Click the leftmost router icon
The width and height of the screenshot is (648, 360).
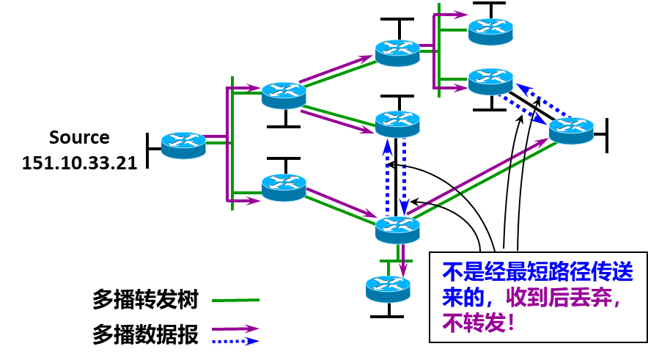click(183, 145)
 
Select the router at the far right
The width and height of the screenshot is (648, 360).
click(571, 131)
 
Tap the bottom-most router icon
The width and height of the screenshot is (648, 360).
click(388, 289)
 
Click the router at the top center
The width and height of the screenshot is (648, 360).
click(397, 53)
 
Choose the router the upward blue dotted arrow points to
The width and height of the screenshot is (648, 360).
click(397, 124)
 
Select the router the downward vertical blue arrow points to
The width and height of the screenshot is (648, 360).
click(397, 229)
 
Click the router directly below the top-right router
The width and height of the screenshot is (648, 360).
click(490, 81)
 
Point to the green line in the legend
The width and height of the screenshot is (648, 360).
click(235, 300)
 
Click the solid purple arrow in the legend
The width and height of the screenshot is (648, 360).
click(235, 328)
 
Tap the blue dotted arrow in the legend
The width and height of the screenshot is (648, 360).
click(235, 342)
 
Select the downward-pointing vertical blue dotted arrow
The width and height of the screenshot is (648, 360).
click(404, 176)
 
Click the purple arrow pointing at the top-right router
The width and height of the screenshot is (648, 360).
click(453, 15)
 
